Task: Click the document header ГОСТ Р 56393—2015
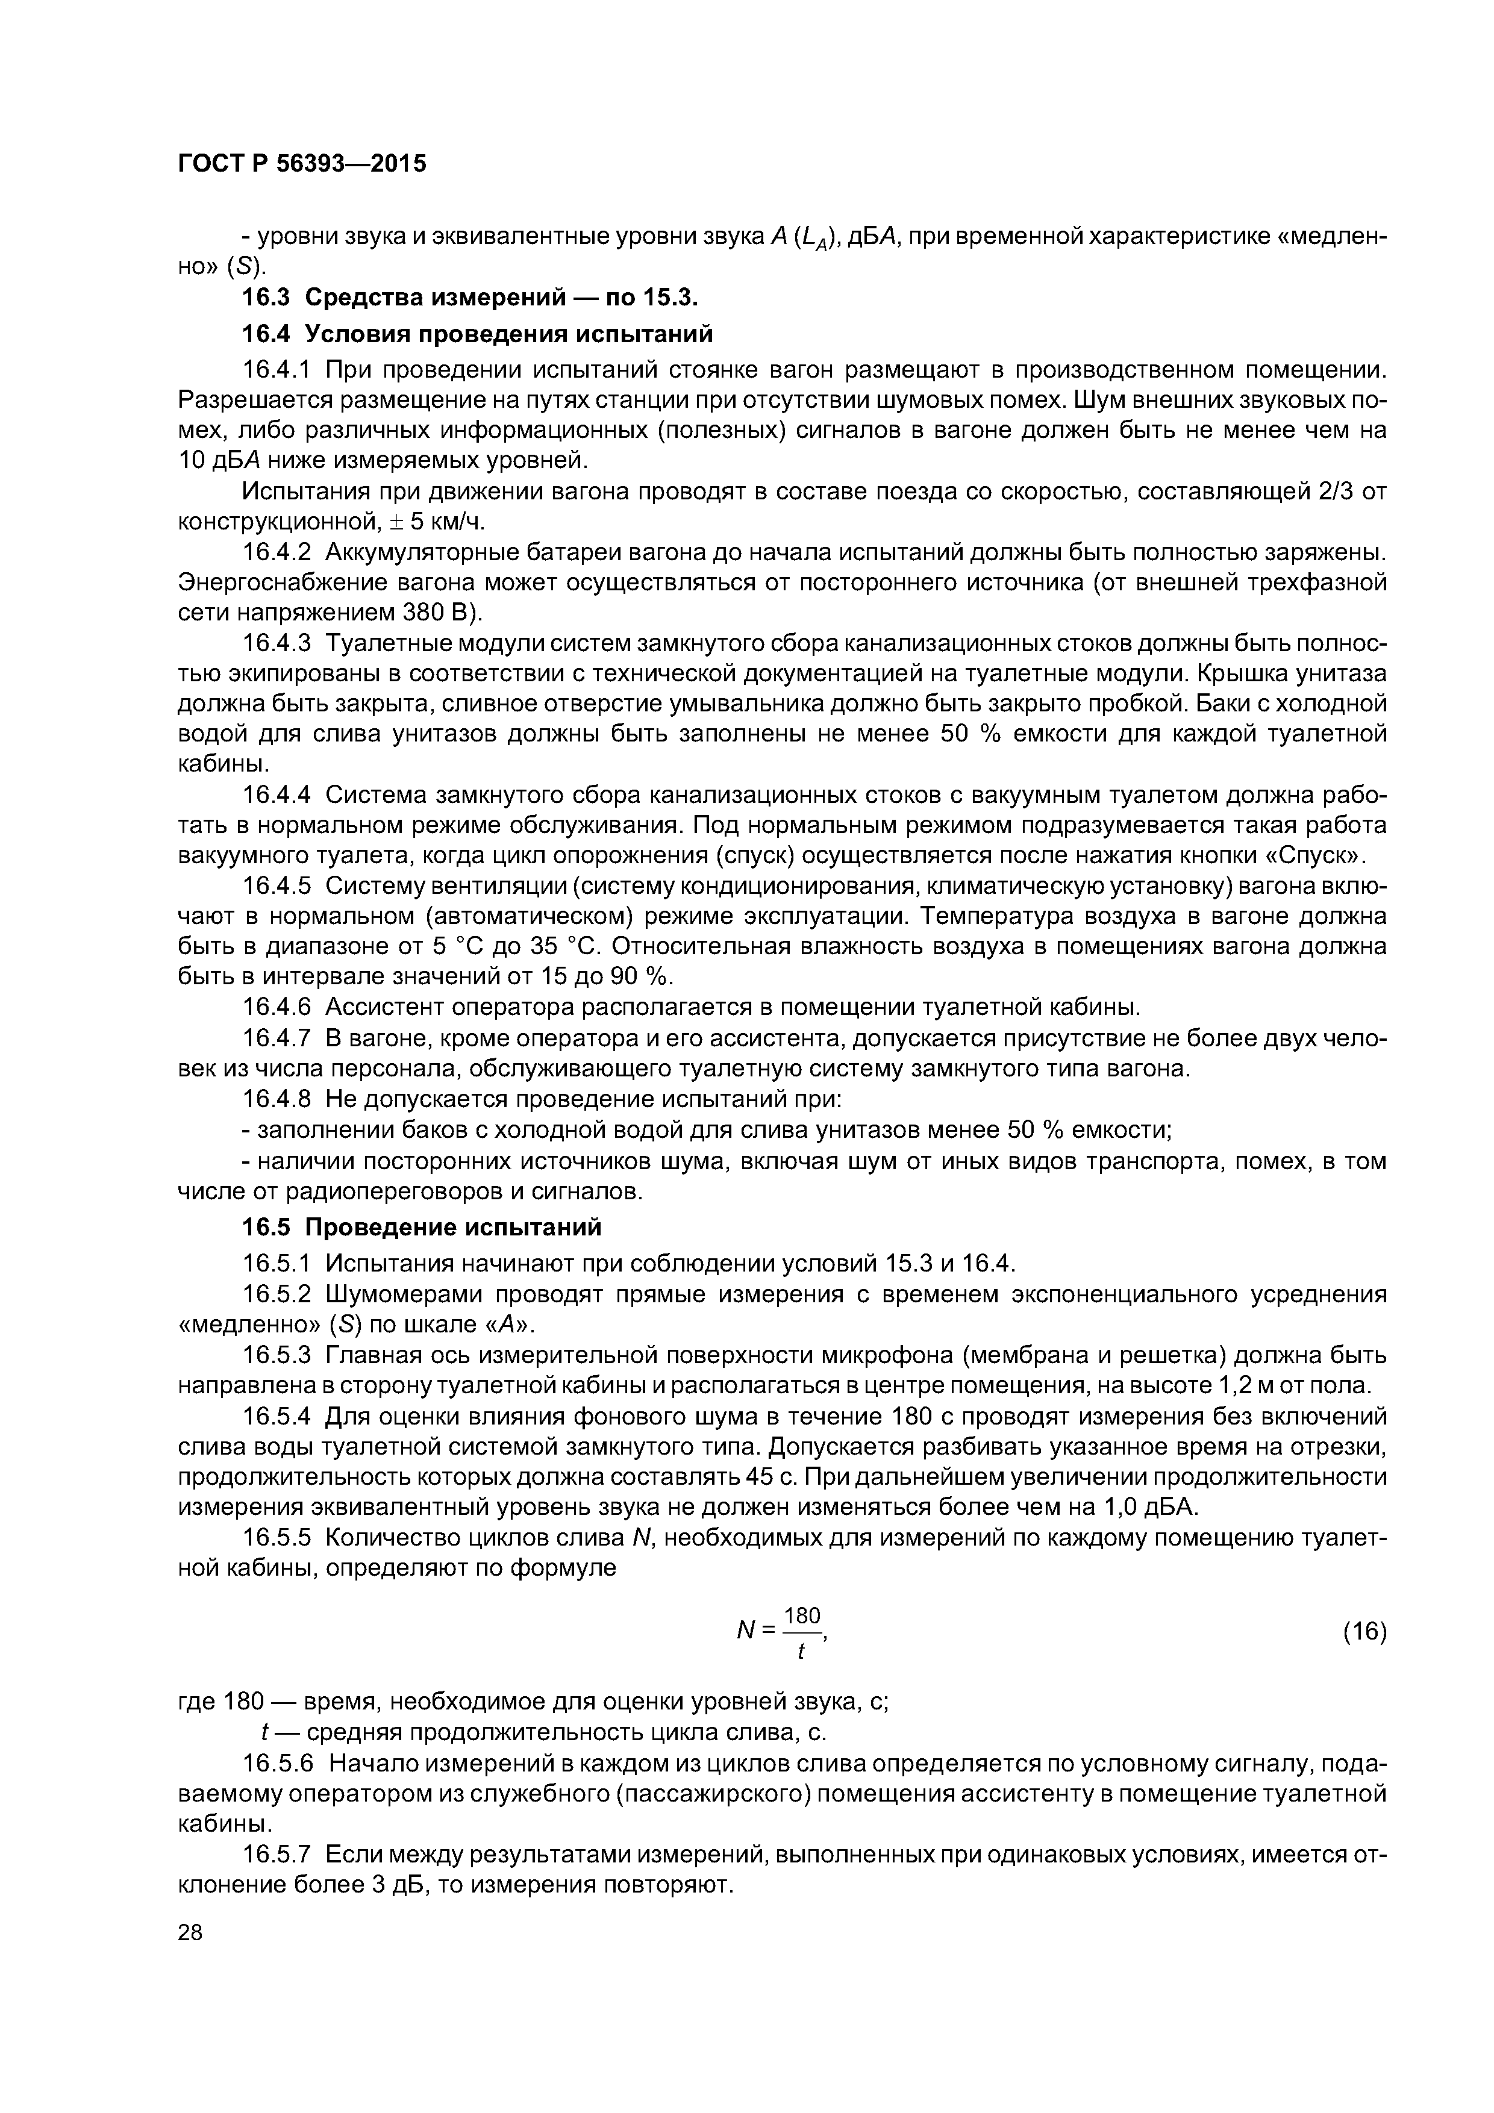tap(302, 164)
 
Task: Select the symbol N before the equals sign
tap(746, 1632)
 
